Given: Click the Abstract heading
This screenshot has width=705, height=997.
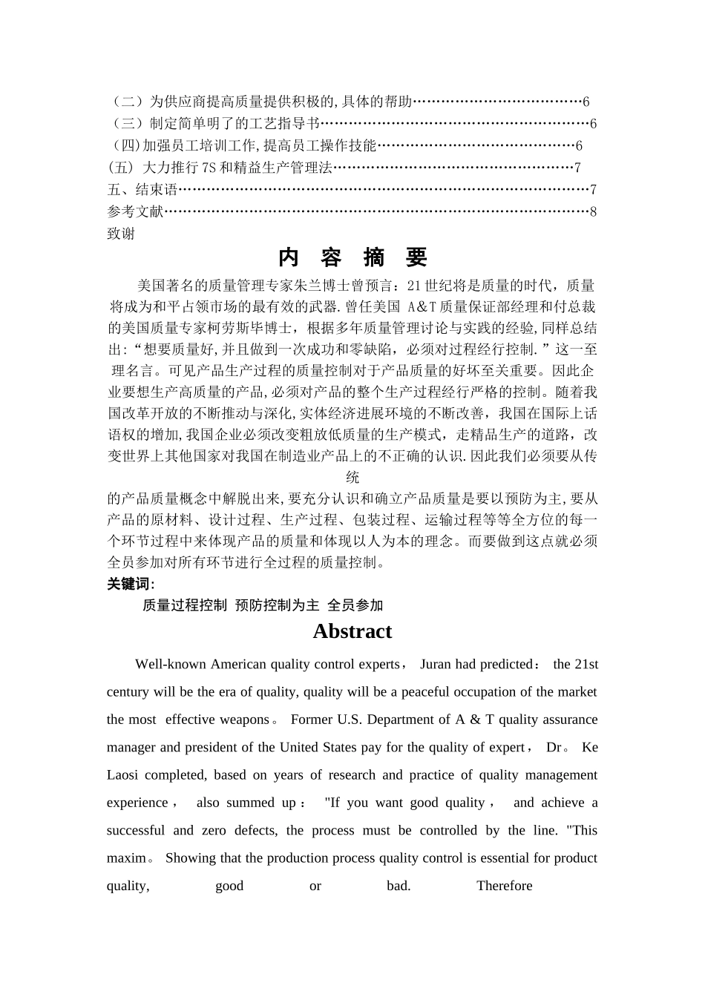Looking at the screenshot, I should tap(352, 631).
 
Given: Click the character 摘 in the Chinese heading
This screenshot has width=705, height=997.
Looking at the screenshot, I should tap(374, 257).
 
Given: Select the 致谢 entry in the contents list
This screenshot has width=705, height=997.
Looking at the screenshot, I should tap(121, 234).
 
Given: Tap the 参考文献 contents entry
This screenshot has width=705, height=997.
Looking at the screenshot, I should tap(135, 212).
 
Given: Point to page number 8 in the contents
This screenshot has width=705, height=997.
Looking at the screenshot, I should tap(593, 212).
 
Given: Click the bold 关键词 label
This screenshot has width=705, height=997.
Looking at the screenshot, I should tap(131, 584).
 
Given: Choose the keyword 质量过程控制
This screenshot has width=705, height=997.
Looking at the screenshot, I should tap(185, 605).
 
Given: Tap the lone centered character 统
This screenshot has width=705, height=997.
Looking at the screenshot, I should tap(352, 477).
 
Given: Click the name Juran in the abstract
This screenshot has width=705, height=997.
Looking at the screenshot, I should tap(436, 665).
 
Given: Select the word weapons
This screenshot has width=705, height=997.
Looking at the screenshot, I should tap(245, 720).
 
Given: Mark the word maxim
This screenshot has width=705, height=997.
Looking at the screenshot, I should tap(126, 858).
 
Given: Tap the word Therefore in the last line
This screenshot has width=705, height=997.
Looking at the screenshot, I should tap(504, 886).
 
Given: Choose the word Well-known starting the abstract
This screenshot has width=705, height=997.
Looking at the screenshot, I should tap(171, 665).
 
